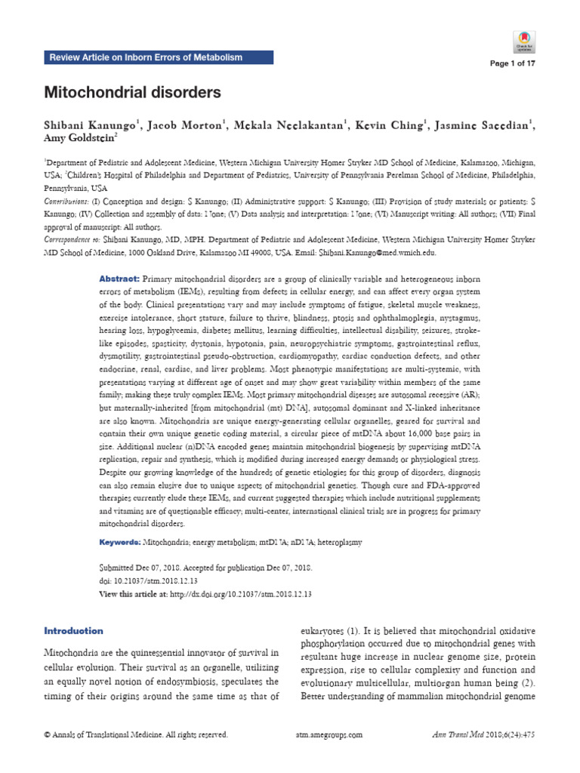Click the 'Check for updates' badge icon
[524, 41]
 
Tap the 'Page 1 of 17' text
[512, 63]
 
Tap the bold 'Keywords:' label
[121, 543]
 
